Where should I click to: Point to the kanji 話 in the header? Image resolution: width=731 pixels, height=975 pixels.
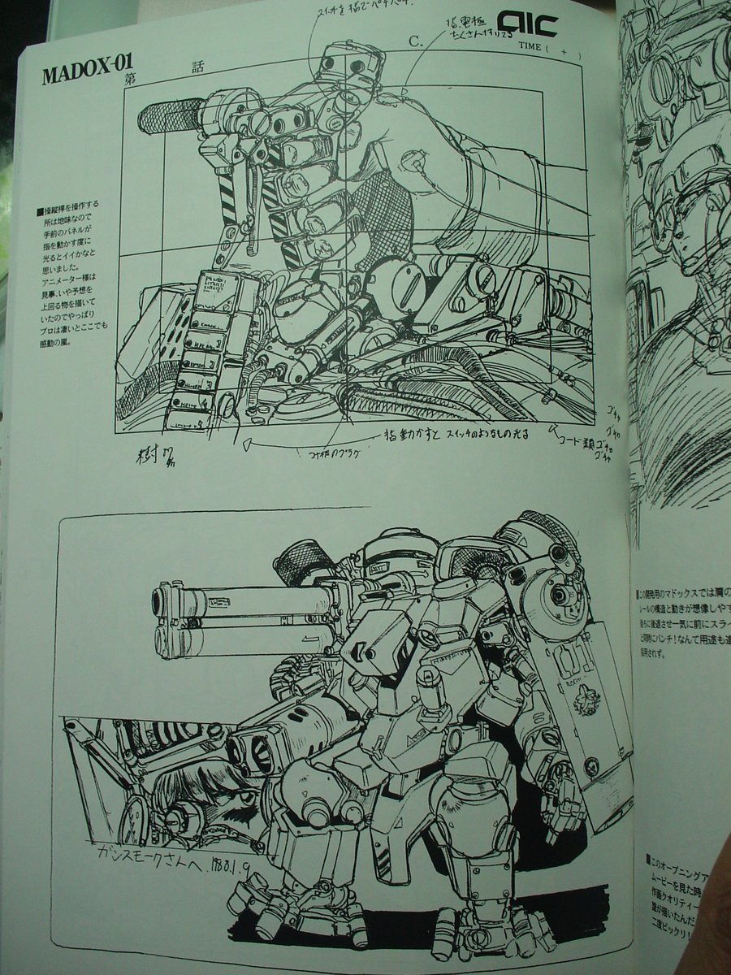[x=198, y=68]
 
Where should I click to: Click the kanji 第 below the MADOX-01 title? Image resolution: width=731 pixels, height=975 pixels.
[x=129, y=79]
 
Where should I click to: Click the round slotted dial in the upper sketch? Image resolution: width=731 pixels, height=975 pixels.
[x=395, y=284]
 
